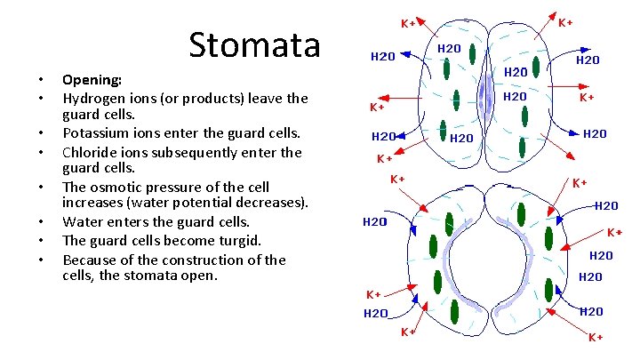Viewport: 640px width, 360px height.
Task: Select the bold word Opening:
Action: (x=92, y=79)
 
